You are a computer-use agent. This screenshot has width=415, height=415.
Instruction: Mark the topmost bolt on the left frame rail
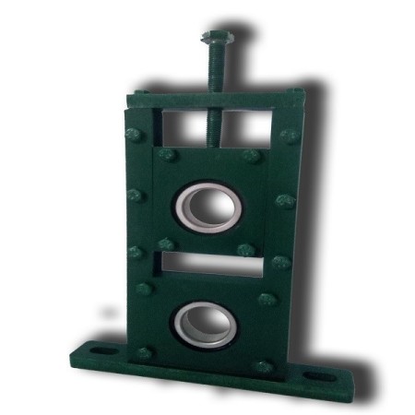click(x=133, y=135)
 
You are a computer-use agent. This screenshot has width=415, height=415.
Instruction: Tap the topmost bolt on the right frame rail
click(x=289, y=136)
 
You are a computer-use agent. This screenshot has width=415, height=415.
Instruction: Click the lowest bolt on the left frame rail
click(x=145, y=352)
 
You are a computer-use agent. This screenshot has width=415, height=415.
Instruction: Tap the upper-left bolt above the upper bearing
click(x=166, y=154)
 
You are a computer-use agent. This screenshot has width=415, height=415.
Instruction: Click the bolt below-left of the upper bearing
click(x=166, y=245)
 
